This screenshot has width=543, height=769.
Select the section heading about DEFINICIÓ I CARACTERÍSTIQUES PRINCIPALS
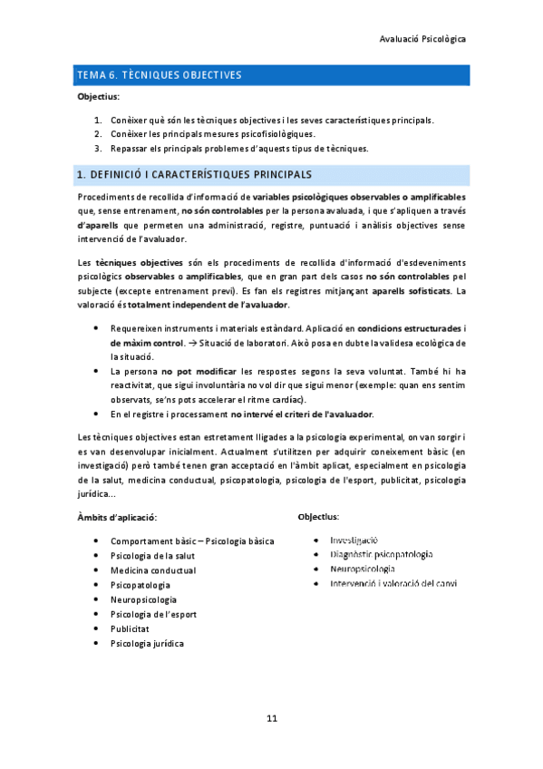[x=195, y=173]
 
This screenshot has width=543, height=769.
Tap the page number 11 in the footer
[x=271, y=718]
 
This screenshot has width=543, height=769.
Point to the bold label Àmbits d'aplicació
[x=118, y=517]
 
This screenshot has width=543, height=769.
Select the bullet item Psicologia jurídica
[x=146, y=643]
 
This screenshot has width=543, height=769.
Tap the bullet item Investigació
[x=354, y=539]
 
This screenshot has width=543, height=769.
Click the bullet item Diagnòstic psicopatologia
[x=381, y=553]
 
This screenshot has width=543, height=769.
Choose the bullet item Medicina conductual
[x=152, y=569]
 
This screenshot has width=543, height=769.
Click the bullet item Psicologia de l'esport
[x=153, y=614]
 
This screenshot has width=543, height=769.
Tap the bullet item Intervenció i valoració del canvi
[x=393, y=583]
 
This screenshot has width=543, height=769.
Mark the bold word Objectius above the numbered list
[x=99, y=96]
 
